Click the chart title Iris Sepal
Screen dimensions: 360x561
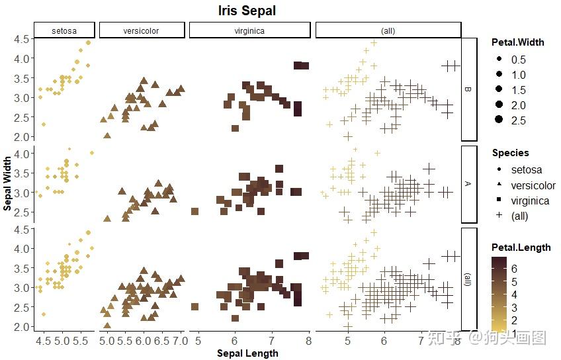click(247, 11)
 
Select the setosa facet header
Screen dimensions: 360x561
click(64, 30)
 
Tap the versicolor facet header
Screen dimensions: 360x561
click(141, 30)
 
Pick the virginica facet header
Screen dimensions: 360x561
click(249, 30)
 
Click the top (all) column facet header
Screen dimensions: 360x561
click(388, 30)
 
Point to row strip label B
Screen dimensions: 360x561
click(469, 89)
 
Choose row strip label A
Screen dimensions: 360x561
click(469, 184)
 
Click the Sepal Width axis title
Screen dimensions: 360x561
click(7, 183)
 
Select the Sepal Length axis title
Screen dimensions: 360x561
click(247, 353)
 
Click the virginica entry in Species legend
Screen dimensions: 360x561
click(530, 201)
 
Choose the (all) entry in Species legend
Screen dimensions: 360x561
click(520, 216)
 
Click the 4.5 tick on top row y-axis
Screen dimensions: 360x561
click(21, 39)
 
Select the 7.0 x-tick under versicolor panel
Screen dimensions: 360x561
click(180, 341)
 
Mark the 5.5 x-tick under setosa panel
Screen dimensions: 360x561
click(81, 341)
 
